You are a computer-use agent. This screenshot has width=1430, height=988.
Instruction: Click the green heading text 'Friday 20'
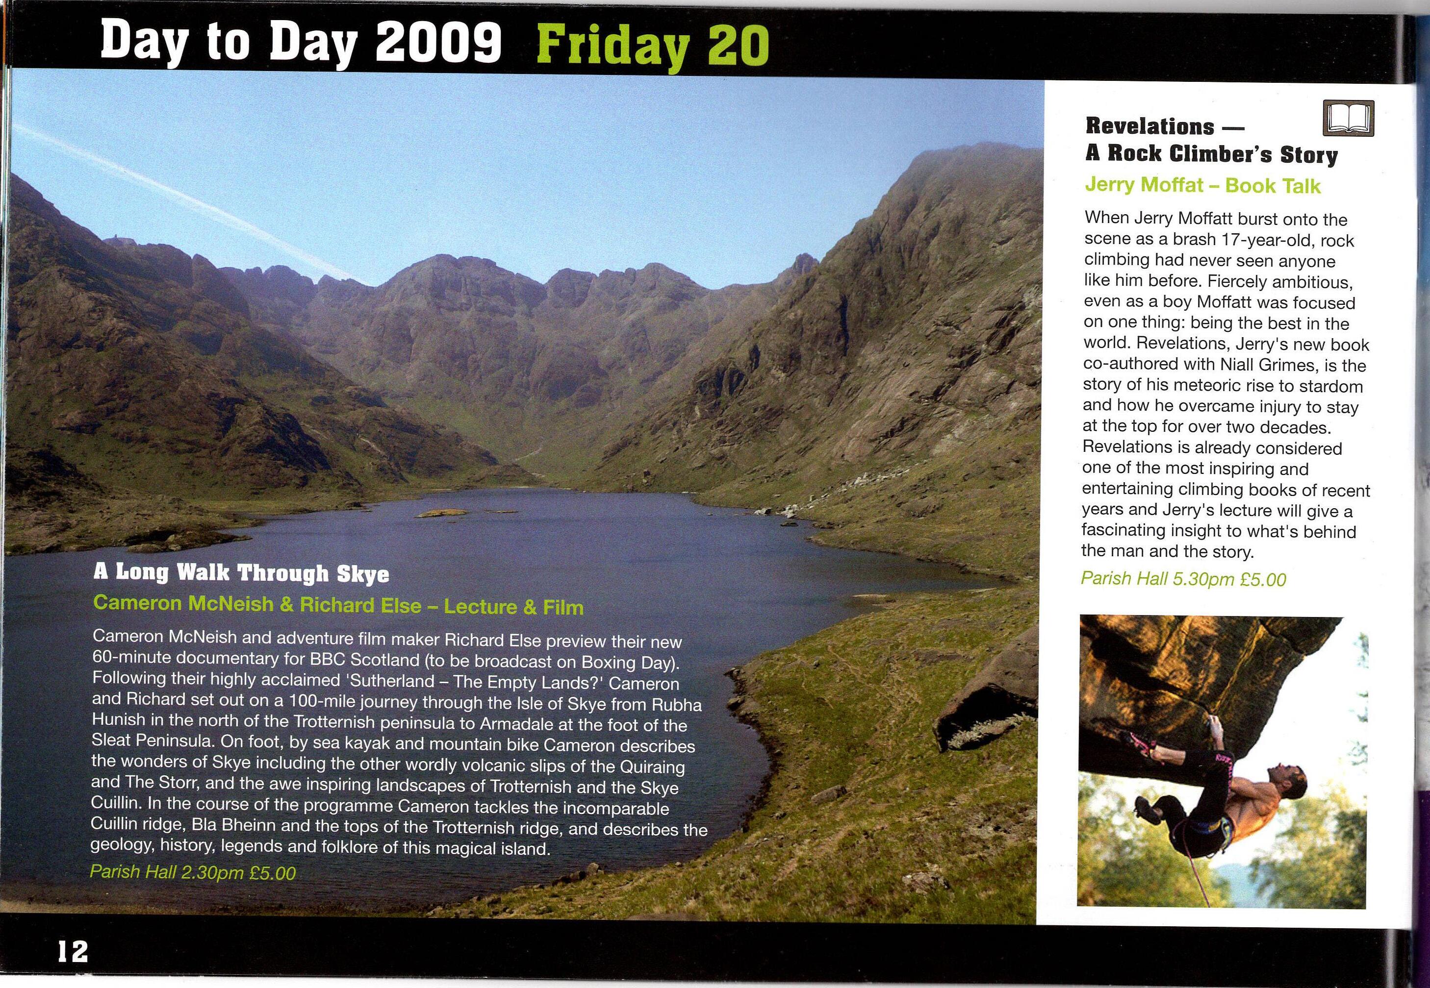pyautogui.click(x=653, y=45)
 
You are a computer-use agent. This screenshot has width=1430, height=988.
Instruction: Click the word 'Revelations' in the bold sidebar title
pyautogui.click(x=1149, y=126)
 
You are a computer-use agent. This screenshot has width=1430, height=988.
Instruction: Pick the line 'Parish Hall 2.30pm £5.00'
pyautogui.click(x=193, y=873)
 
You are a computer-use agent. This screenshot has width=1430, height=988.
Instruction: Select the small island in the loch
pyautogui.click(x=441, y=513)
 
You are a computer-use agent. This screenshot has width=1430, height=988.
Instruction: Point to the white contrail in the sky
pyautogui.click(x=186, y=198)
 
